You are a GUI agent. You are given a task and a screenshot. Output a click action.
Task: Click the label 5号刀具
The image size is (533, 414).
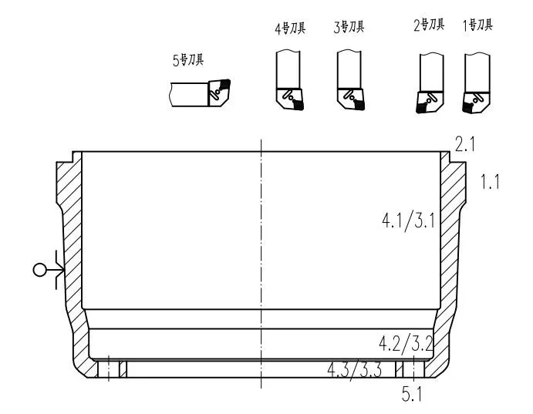click(x=188, y=60)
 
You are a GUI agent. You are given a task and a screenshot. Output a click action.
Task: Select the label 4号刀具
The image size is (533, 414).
click(x=290, y=28)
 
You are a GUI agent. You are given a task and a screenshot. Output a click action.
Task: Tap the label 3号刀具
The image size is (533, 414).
click(x=349, y=27)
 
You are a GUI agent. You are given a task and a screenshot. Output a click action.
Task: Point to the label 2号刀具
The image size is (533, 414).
click(x=429, y=25)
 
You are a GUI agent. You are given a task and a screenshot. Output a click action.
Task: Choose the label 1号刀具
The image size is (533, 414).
click(x=477, y=25)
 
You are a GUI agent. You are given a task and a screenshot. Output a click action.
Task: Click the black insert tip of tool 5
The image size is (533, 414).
click(x=225, y=83)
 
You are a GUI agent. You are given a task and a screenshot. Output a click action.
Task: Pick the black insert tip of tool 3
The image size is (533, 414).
click(x=359, y=105)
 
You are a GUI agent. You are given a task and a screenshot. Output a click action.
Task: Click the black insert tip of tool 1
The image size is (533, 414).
click(x=467, y=108)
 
